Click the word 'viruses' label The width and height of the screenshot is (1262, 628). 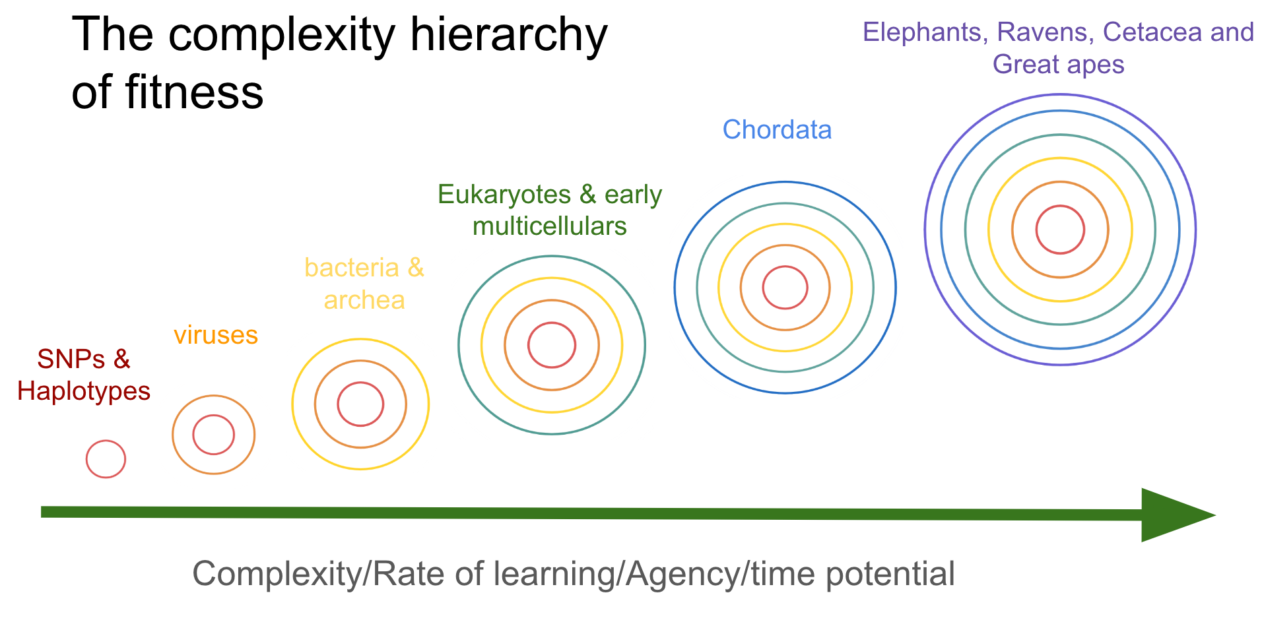click(x=216, y=335)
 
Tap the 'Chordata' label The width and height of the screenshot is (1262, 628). click(x=777, y=129)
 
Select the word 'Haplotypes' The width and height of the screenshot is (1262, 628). click(x=84, y=391)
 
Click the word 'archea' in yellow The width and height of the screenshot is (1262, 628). click(x=364, y=300)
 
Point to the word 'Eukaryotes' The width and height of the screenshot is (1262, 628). click(x=504, y=195)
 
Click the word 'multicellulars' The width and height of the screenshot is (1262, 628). click(x=550, y=226)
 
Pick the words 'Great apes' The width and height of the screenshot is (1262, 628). click(x=1059, y=65)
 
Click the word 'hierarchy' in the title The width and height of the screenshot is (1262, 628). click(x=508, y=35)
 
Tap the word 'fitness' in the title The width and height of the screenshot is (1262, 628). click(x=194, y=92)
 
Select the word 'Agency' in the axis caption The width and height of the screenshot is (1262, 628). click(x=682, y=574)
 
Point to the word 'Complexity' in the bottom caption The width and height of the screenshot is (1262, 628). click(x=277, y=574)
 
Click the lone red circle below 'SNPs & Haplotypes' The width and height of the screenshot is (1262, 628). click(x=106, y=441)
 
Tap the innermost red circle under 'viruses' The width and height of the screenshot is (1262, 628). click(x=213, y=416)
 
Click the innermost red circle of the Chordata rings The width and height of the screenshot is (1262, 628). click(x=785, y=267)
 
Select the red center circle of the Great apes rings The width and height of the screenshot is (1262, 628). click(x=1060, y=206)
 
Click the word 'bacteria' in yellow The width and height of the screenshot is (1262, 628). click(x=352, y=268)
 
